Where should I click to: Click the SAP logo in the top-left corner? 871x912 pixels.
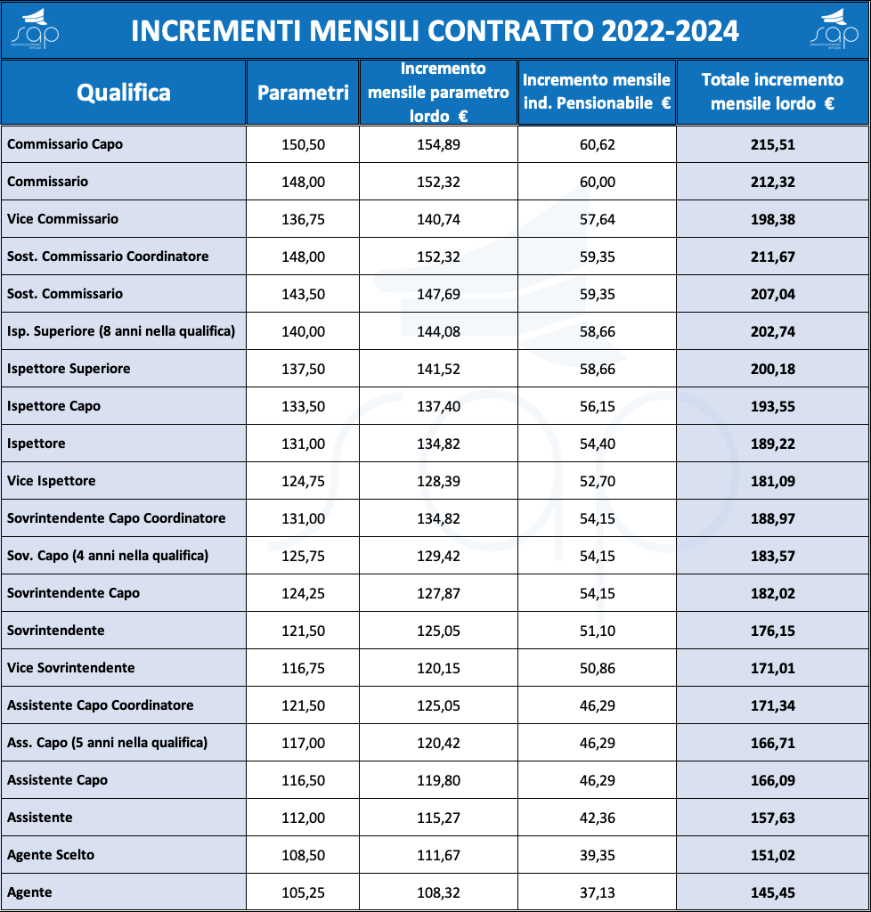point(35,29)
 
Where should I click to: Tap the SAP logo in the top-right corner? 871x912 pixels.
point(834,29)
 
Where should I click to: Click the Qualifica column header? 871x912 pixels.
point(124,93)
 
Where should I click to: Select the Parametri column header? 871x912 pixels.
point(303,93)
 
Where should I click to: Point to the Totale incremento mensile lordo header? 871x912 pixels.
point(772,92)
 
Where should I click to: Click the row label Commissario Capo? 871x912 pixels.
point(64,144)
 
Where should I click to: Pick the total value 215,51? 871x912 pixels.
point(772,144)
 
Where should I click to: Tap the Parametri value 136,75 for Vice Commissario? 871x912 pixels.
point(303,219)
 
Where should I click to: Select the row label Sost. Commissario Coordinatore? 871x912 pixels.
point(108,256)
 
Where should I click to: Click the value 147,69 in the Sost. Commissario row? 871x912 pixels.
point(438,294)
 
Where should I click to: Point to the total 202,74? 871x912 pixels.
point(772,331)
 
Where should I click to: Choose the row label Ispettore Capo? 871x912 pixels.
point(53,406)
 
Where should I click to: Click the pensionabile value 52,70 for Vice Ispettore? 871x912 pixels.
point(597,481)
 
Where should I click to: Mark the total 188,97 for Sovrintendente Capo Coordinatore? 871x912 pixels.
point(772,518)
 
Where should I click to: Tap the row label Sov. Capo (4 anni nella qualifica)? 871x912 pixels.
point(108,556)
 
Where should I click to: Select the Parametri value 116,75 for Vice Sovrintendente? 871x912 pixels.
point(303,668)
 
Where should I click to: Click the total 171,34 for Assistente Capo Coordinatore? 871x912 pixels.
point(772,705)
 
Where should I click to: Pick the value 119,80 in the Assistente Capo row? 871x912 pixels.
point(438,780)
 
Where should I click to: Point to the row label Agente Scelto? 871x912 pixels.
point(51,855)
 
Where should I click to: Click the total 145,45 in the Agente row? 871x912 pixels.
point(772,892)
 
